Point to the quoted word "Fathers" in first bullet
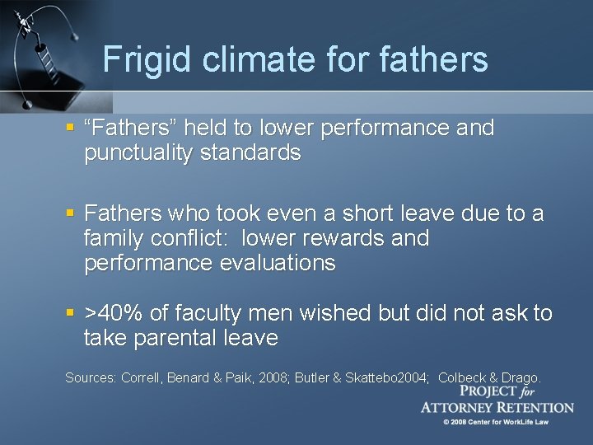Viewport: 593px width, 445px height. tap(128, 129)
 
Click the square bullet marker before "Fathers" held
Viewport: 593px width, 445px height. tap(72, 129)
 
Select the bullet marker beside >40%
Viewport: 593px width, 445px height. tap(72, 313)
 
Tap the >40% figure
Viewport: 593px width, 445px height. tap(116, 313)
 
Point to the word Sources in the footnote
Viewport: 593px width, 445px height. tap(90, 377)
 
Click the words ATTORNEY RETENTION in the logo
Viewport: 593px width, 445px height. tap(497, 407)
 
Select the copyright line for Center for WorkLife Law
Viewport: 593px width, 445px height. tap(496, 422)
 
